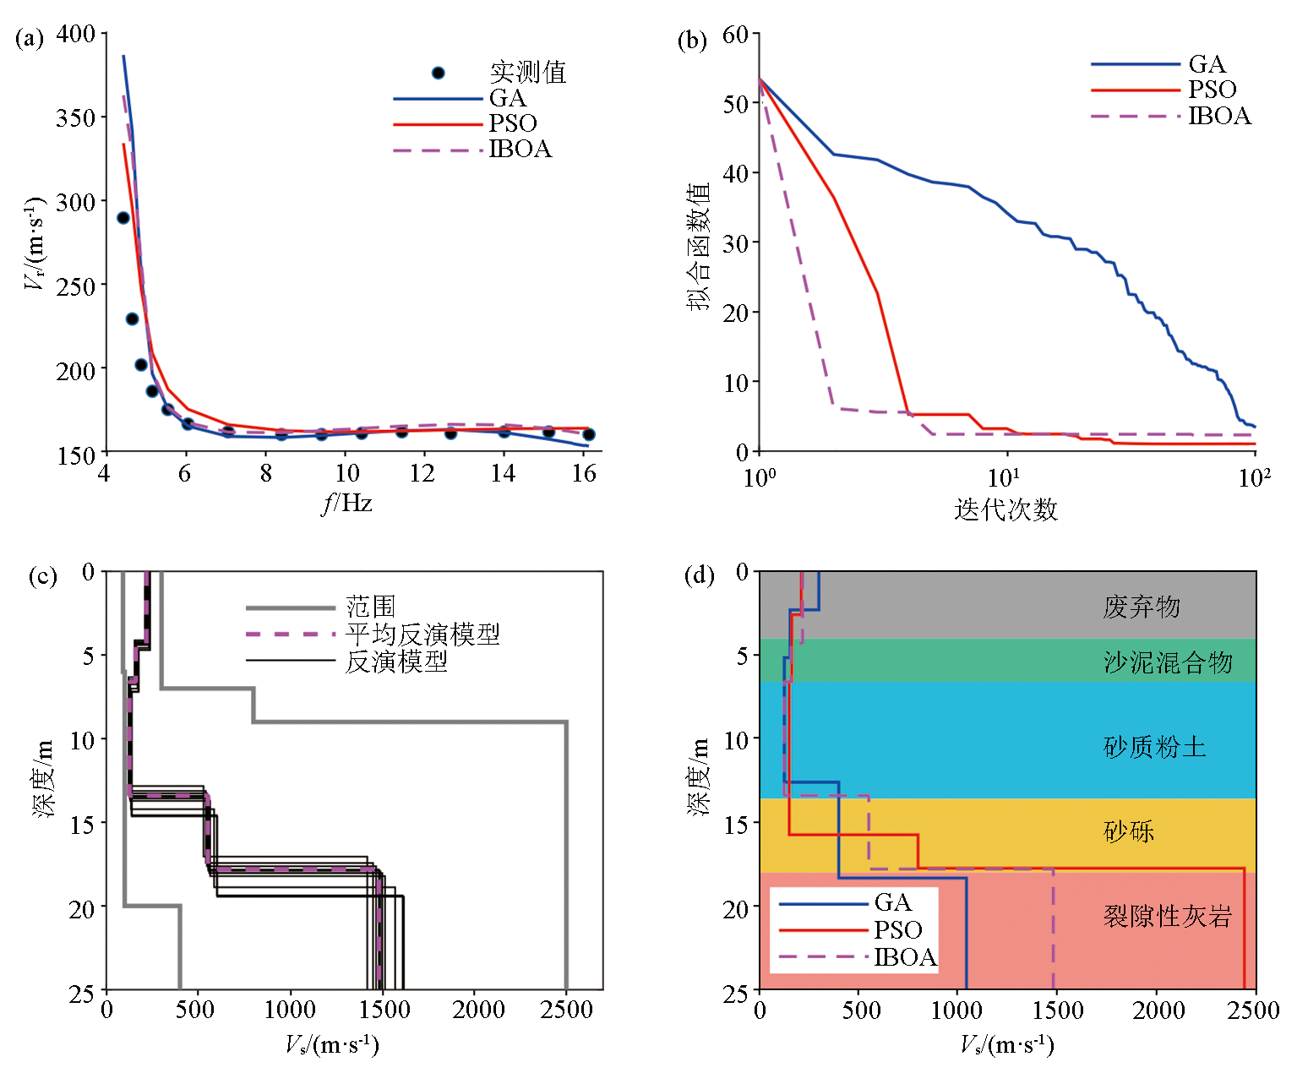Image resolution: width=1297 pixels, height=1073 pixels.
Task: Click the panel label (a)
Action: (30, 39)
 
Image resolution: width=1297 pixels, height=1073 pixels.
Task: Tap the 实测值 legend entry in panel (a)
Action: (527, 73)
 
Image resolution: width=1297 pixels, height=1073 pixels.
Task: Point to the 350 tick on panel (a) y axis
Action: (76, 117)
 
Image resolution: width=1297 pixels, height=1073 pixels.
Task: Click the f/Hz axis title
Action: (346, 504)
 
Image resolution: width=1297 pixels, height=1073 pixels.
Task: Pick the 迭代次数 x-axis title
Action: (1005, 509)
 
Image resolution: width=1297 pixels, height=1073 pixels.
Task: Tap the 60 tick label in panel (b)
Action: (735, 35)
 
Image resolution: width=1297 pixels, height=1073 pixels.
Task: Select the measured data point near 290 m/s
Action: (123, 218)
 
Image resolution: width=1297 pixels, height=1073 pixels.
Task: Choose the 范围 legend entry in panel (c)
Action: (370, 607)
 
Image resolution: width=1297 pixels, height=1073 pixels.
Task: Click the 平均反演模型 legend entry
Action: (422, 634)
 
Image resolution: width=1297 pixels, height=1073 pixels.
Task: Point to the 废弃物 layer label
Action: (1141, 607)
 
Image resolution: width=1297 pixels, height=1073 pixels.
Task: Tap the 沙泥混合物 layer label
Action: (1168, 662)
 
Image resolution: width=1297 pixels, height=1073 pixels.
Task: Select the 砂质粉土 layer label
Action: (1154, 747)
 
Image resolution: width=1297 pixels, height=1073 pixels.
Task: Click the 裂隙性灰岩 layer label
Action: (1168, 916)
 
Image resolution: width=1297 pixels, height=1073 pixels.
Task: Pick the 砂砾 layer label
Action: (1129, 831)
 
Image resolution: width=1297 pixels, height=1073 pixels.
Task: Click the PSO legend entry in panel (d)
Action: (897, 930)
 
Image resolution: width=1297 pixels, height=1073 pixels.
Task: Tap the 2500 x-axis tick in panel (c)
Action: (566, 1010)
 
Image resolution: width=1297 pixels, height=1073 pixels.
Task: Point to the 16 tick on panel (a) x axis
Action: (584, 474)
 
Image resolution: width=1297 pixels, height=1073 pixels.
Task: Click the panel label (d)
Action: (699, 576)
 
